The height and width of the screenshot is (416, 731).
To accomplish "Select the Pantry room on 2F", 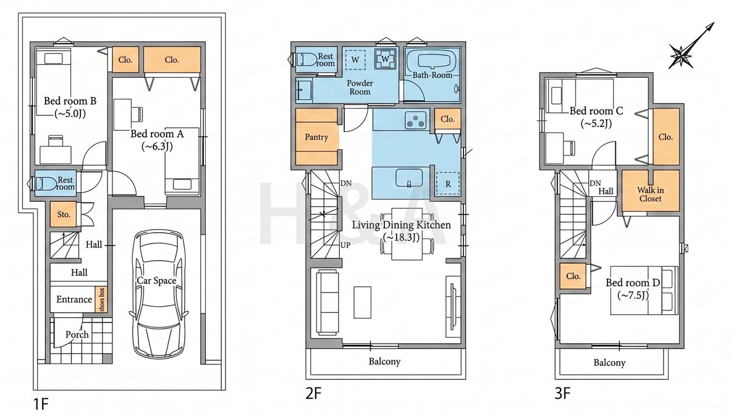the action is click(x=316, y=137).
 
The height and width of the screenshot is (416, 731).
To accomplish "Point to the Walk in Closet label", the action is click(x=650, y=194).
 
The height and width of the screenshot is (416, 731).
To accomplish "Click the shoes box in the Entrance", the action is click(x=101, y=299).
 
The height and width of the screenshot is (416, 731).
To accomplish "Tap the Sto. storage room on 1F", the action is click(x=64, y=214).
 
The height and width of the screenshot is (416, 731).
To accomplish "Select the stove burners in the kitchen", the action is click(x=416, y=120).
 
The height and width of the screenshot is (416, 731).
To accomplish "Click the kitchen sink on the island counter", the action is click(x=409, y=178).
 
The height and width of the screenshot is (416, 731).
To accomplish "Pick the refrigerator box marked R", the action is click(x=447, y=183).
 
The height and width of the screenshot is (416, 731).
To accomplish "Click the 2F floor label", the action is click(x=313, y=394).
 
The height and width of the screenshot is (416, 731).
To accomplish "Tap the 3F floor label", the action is click(x=563, y=394).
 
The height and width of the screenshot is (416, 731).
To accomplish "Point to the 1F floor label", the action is click(x=41, y=404).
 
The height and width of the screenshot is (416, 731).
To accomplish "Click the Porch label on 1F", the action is click(x=77, y=335).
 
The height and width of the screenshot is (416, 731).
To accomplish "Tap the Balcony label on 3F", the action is click(x=609, y=362).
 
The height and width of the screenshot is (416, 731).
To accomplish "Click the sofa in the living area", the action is click(x=327, y=302).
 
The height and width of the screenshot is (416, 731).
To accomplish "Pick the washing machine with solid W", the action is click(x=386, y=59).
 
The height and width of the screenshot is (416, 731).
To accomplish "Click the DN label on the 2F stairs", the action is click(x=346, y=183).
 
